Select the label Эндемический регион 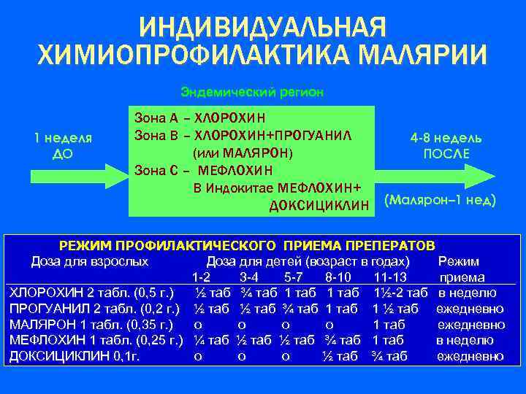[x=251, y=93]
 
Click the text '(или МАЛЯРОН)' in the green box [x=241, y=153]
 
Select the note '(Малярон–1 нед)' [x=440, y=198]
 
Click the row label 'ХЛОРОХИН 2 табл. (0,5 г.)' [x=92, y=293]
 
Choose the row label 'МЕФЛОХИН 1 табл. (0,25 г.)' [x=94, y=340]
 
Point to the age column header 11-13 [x=389, y=277]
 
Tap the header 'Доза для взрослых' [x=90, y=261]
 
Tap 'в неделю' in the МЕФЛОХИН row [x=466, y=340]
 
